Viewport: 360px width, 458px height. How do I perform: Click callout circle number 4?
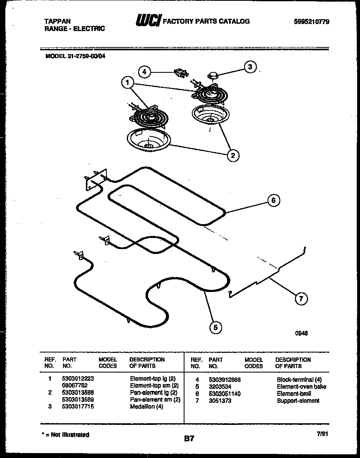tap(144, 72)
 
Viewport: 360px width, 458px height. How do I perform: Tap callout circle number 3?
tap(250, 67)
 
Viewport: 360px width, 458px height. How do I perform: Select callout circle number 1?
tap(128, 83)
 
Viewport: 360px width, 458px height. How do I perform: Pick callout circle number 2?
tap(233, 155)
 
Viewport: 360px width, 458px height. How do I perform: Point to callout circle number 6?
tap(273, 200)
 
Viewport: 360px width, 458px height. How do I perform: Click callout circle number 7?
tap(301, 299)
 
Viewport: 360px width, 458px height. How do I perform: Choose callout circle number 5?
tap(215, 327)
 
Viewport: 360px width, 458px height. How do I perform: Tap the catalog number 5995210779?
tap(311, 22)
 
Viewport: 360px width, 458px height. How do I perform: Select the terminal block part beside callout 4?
tap(180, 72)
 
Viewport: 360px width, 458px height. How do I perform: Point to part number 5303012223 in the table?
tap(78, 379)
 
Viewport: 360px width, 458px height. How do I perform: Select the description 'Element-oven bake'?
tap(301, 386)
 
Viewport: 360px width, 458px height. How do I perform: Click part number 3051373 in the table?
tap(220, 401)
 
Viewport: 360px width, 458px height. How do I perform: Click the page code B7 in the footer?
tap(189, 439)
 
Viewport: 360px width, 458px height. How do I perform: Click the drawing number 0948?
tap(301, 333)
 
